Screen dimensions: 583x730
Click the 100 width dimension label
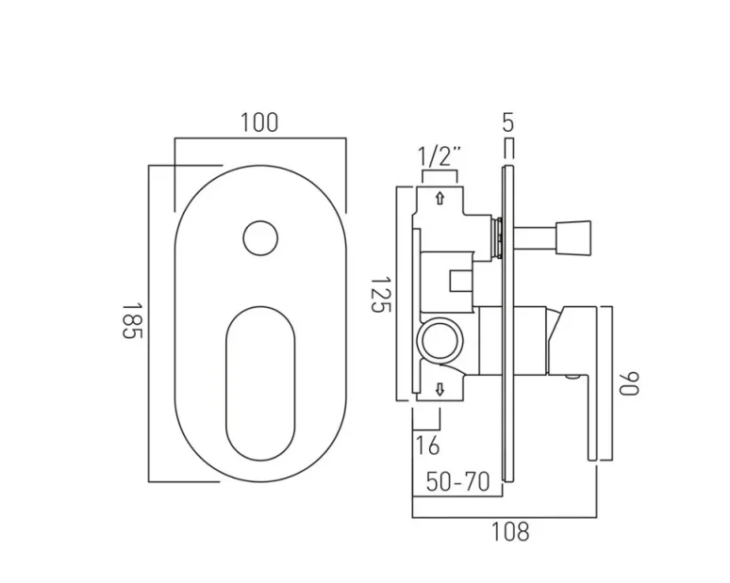coord(259,122)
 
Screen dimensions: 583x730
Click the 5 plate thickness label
coord(508,121)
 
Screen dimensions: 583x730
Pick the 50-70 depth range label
coord(457,482)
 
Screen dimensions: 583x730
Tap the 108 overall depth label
coord(510,531)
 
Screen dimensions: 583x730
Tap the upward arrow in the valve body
coord(440,198)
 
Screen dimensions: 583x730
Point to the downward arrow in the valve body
coord(440,389)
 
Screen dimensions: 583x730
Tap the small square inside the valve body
coord(460,280)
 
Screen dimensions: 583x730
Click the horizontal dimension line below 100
coord(259,139)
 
